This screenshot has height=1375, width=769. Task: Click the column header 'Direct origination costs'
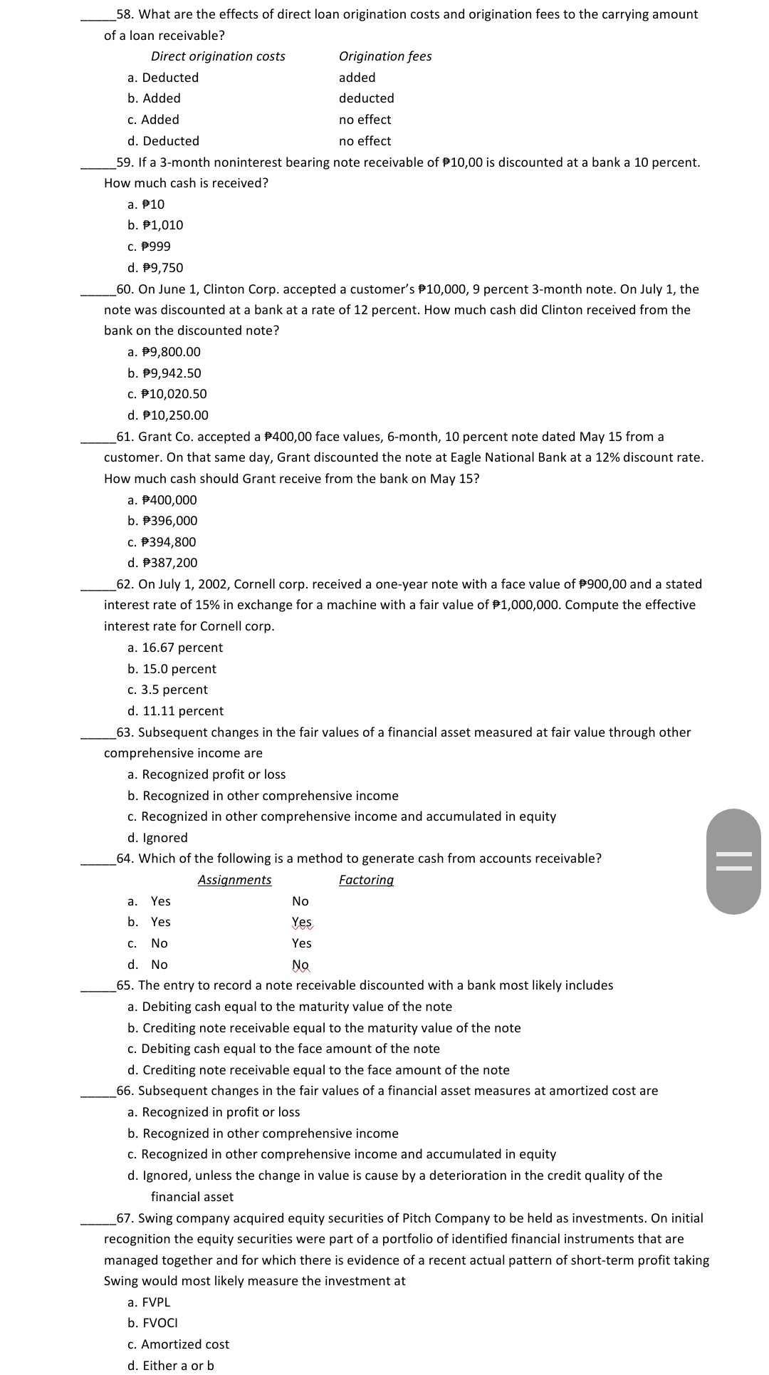tap(218, 56)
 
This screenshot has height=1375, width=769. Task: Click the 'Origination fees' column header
tap(385, 56)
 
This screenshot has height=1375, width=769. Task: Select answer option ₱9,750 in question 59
tap(155, 268)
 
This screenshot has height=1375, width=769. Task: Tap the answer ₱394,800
tap(162, 542)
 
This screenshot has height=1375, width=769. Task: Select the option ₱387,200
tap(162, 563)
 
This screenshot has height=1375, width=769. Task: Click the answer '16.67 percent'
tap(175, 648)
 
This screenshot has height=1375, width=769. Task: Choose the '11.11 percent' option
tap(175, 711)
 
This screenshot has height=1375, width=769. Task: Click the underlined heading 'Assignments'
tap(234, 880)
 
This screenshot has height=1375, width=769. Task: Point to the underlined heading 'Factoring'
tap(366, 880)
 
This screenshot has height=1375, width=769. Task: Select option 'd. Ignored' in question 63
tap(157, 838)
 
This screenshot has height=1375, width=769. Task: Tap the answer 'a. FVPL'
tap(149, 1302)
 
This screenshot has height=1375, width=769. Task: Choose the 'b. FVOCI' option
tap(152, 1323)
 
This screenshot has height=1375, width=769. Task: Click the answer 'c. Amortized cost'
tap(178, 1344)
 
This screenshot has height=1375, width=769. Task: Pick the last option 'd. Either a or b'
tap(171, 1366)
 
